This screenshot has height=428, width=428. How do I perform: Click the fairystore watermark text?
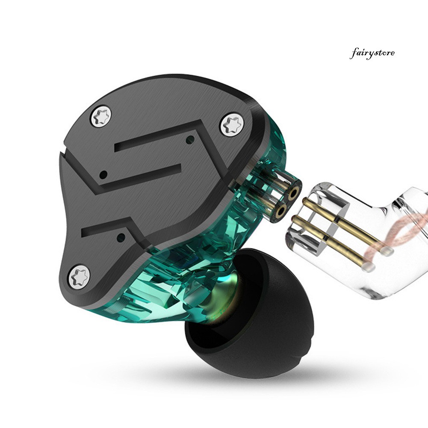[x=372, y=53]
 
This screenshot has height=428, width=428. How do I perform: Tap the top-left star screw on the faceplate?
[x=101, y=117]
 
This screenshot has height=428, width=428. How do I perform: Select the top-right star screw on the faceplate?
[x=232, y=125]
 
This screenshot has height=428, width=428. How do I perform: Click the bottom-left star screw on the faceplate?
[x=79, y=277]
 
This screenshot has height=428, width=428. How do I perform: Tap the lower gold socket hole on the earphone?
[x=281, y=210]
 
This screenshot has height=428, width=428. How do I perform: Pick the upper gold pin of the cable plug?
[x=347, y=225]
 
